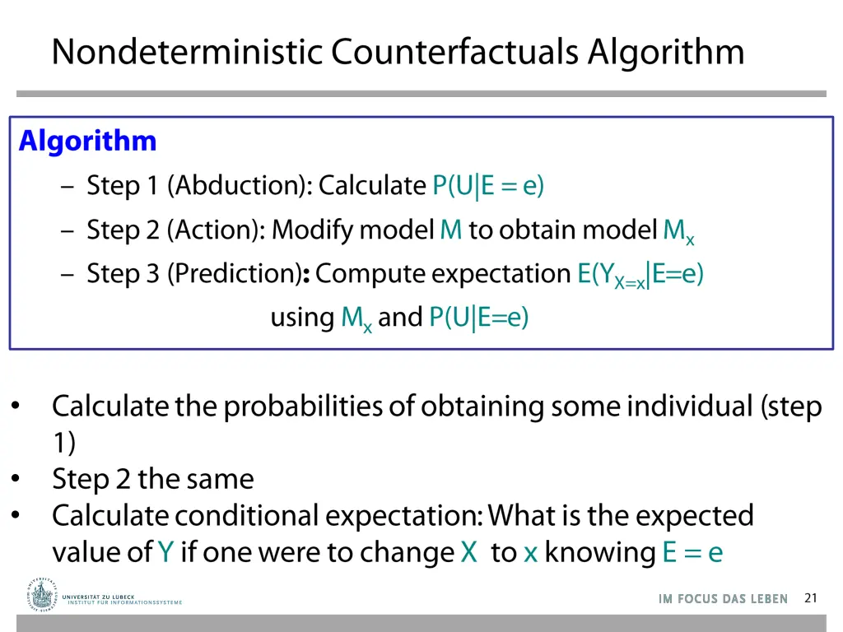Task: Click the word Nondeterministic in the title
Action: (188, 52)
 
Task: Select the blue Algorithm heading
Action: (87, 142)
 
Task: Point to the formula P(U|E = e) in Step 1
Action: (488, 186)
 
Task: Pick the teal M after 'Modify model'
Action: (451, 230)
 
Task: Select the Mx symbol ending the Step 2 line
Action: (678, 231)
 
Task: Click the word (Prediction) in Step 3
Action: (234, 273)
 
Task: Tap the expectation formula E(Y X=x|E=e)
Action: (640, 274)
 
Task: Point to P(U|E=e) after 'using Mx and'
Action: (478, 317)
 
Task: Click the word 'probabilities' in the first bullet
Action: (304, 407)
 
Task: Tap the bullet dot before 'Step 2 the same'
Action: (16, 478)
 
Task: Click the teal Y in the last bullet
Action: (165, 552)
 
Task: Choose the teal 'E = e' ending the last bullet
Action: (692, 552)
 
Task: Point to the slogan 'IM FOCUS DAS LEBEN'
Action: (723, 599)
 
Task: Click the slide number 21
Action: (811, 598)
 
